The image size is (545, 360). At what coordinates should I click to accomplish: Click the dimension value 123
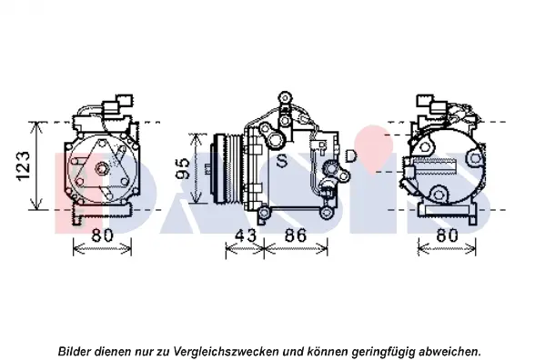pyautogui.click(x=24, y=166)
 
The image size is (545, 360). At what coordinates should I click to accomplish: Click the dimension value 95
pyautogui.click(x=182, y=168)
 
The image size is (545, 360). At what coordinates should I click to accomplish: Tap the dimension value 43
pyautogui.click(x=246, y=235)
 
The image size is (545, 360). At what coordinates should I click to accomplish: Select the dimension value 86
pyautogui.click(x=296, y=235)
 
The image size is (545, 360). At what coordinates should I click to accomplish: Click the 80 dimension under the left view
pyautogui.click(x=103, y=235)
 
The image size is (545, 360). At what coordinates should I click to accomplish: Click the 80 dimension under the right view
pyautogui.click(x=448, y=235)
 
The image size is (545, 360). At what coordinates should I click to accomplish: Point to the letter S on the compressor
pyautogui.click(x=282, y=161)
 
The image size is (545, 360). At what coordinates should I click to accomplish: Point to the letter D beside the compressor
pyautogui.click(x=351, y=155)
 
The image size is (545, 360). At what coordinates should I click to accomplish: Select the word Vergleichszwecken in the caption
pyautogui.click(x=226, y=351)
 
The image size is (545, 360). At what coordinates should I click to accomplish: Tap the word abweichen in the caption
pyautogui.click(x=449, y=351)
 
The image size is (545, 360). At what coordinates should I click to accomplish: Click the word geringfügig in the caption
pyautogui.click(x=383, y=351)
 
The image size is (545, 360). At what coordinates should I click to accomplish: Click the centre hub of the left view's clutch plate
pyautogui.click(x=102, y=169)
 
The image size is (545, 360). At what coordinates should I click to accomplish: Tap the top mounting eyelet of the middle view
pyautogui.click(x=285, y=96)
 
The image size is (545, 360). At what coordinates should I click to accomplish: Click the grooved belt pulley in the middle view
pyautogui.click(x=227, y=168)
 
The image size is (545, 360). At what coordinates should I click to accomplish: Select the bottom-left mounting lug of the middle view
pyautogui.click(x=263, y=212)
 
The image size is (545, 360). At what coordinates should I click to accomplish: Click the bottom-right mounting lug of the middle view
pyautogui.click(x=327, y=212)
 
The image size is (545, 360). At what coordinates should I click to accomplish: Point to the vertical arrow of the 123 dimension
pyautogui.click(x=35, y=166)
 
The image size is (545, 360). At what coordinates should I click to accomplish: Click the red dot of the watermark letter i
pyautogui.click(x=374, y=148)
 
